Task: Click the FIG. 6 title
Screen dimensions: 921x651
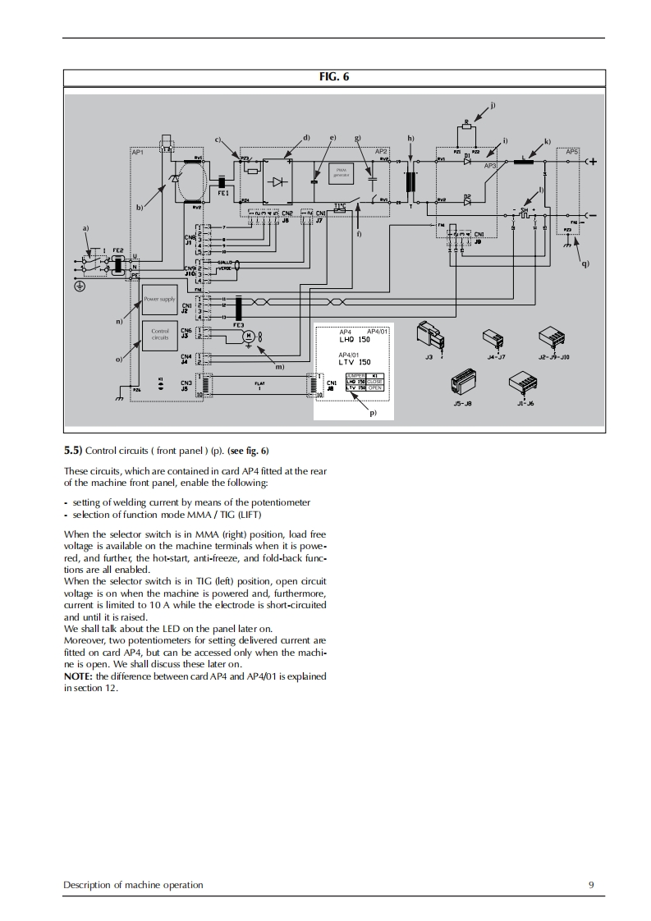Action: click(x=334, y=77)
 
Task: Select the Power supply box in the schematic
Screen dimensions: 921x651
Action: click(x=159, y=300)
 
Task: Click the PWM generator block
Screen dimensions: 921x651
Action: click(x=340, y=172)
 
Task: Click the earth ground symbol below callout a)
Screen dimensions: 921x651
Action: click(x=80, y=286)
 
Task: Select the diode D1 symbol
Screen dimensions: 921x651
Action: click(x=467, y=162)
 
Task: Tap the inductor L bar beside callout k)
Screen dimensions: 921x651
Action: click(x=524, y=162)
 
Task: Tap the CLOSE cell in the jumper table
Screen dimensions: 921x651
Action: click(x=375, y=382)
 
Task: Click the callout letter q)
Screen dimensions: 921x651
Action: click(x=585, y=263)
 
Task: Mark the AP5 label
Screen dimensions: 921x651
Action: click(x=572, y=152)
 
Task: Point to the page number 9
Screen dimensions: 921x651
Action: click(x=591, y=885)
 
